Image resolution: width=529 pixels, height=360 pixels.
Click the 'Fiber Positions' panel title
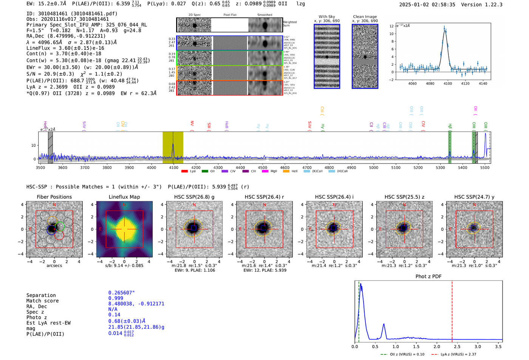pos(54,197)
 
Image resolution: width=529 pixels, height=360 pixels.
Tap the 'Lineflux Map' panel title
pos(124,197)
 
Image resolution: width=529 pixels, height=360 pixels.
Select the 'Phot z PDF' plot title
pos(428,277)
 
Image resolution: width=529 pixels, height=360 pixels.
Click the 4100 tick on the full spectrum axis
pos(173,167)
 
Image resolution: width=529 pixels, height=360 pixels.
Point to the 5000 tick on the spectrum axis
pos(373,167)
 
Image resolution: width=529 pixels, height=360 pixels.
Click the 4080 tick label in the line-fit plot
pos(430,83)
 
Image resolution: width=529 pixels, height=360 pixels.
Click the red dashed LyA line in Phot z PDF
pos(452,310)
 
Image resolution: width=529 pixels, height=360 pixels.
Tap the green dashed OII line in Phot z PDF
pos(359,310)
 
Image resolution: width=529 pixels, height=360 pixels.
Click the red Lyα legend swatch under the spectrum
pos(184,172)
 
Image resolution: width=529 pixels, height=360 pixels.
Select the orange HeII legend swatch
pos(286,172)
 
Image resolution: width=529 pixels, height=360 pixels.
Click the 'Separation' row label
pos(41,295)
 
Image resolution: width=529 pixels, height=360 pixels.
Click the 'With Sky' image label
pos(326,17)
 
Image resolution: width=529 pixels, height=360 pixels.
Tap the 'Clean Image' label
pos(365,17)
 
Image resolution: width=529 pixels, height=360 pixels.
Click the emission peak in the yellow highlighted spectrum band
pos(173,144)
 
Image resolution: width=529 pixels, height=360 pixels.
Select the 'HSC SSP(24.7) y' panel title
pos(474,197)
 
